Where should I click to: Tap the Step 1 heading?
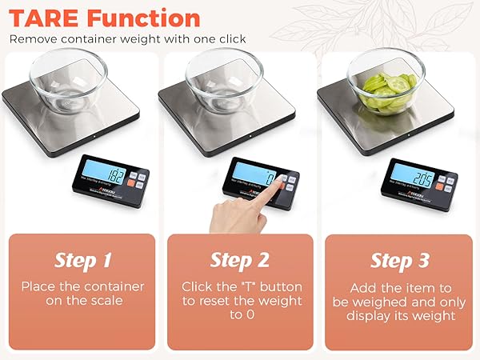[x=82, y=260]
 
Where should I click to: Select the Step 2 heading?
[x=239, y=260]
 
